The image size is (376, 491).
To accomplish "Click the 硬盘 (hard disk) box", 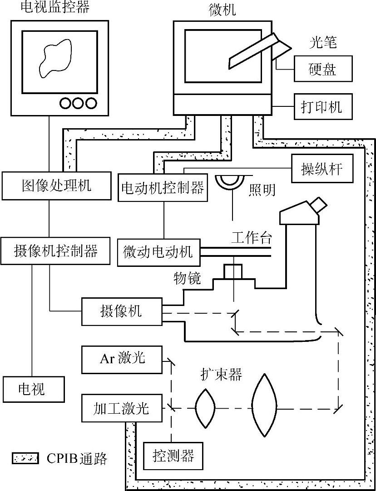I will [x=323, y=69].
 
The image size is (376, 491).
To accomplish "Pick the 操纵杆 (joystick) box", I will [x=322, y=169].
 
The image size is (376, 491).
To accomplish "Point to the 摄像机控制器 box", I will [x=56, y=251].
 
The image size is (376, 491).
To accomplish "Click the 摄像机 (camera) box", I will [x=121, y=311].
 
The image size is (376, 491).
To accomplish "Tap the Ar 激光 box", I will [x=122, y=358].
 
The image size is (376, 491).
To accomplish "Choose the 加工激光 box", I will [x=121, y=408].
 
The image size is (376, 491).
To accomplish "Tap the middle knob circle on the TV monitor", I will [x=79, y=103].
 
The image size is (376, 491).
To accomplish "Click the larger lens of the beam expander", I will [x=264, y=405].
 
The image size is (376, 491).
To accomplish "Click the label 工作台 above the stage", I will [x=252, y=237].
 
